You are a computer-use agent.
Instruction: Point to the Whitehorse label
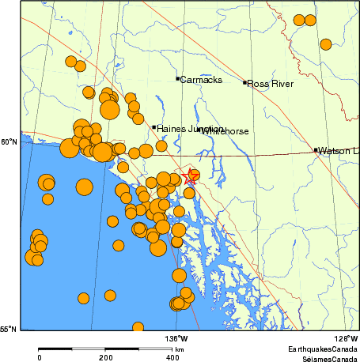[x=225, y=130]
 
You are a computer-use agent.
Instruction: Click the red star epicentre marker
[x=190, y=177]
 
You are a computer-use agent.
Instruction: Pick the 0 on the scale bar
[x=40, y=356]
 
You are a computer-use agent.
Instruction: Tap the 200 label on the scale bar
[x=106, y=356]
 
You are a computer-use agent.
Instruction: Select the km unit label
[x=180, y=349]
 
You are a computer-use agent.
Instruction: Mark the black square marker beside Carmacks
[x=177, y=78]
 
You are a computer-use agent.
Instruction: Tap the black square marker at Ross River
[x=244, y=82]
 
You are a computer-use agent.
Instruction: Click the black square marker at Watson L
[x=316, y=149]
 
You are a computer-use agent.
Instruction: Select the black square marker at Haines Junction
[x=153, y=127]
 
